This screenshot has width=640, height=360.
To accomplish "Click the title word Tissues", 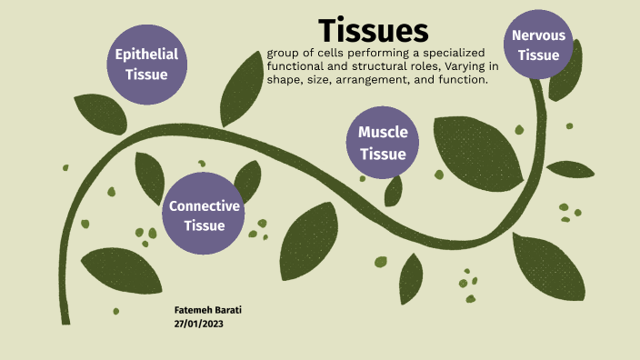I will (x=374, y=30).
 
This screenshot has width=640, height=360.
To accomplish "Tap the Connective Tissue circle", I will (x=205, y=215).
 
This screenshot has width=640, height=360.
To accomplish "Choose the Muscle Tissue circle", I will (x=383, y=143).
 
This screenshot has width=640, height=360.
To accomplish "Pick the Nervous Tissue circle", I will (x=538, y=45).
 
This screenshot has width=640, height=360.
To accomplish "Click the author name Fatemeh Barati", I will (x=207, y=310).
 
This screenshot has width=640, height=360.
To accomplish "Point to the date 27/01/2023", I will (x=198, y=324).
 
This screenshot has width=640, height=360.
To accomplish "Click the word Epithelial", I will (x=145, y=55).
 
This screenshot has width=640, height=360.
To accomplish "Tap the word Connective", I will (x=205, y=205).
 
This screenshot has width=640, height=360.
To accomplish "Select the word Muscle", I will (x=383, y=133).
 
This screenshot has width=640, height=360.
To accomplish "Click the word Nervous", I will (x=538, y=35).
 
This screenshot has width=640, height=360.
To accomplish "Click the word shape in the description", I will (x=285, y=80).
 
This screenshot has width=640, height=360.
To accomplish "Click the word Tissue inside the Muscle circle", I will (x=383, y=154).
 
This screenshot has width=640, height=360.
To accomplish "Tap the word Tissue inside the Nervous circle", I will (x=538, y=55).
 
